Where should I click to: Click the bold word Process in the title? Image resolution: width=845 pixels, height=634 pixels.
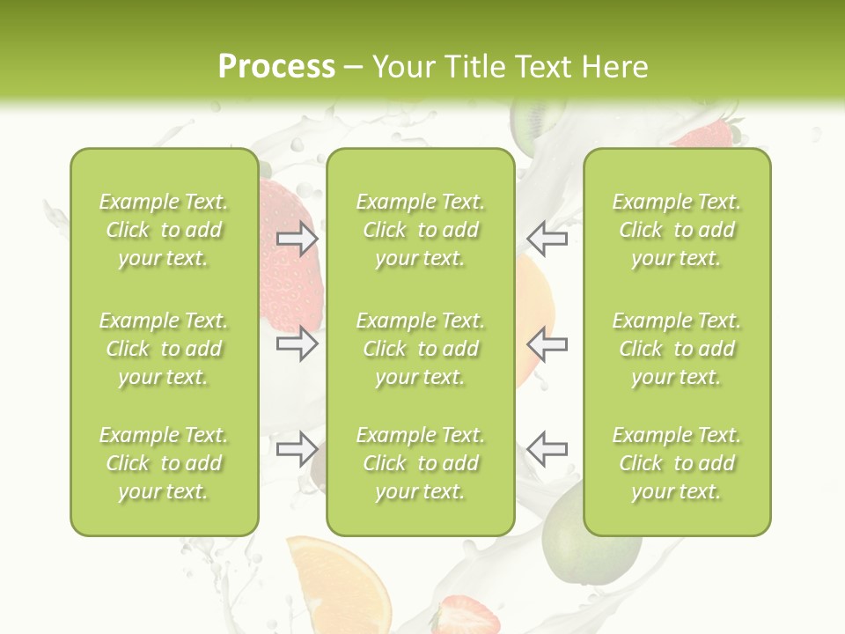tap(276, 67)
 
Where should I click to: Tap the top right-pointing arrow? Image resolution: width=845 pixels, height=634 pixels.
tap(297, 239)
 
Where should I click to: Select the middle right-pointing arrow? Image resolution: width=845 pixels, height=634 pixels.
tap(297, 343)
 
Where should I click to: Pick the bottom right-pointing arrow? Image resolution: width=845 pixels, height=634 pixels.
tap(297, 449)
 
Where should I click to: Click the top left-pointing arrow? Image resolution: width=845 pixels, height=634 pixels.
tap(547, 239)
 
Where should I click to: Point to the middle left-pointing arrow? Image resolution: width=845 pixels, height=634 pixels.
tap(547, 343)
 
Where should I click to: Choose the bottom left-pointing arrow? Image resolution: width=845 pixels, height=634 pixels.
tap(547, 449)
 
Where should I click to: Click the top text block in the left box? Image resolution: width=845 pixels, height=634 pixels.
tap(164, 230)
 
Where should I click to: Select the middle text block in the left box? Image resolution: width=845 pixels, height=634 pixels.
tap(164, 349)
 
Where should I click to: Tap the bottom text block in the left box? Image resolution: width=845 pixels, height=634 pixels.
tap(164, 463)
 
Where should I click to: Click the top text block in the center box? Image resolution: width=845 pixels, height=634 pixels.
tap(420, 230)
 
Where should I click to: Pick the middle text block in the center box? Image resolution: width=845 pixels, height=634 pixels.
tap(420, 349)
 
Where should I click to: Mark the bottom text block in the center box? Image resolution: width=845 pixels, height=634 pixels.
tap(420, 463)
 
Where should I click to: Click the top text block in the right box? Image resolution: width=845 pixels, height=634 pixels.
tap(676, 230)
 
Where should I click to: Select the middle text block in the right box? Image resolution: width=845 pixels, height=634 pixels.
tap(676, 349)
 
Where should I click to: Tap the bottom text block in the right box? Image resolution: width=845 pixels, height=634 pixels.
tap(676, 463)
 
